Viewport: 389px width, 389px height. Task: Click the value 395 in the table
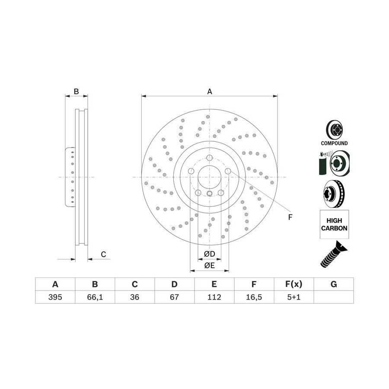click(x=55, y=297)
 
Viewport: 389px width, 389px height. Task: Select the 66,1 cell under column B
click(x=95, y=297)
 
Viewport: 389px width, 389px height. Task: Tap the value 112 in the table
click(x=214, y=297)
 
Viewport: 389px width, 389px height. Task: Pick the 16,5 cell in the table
click(x=254, y=297)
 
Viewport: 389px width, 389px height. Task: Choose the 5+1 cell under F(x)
click(x=294, y=297)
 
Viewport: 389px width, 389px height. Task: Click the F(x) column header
click(x=294, y=284)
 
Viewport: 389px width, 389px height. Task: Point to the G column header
click(x=334, y=284)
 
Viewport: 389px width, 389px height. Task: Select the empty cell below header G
click(x=334, y=297)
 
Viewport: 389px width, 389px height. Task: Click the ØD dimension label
click(x=209, y=254)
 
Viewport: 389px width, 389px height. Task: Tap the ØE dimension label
click(x=209, y=265)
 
